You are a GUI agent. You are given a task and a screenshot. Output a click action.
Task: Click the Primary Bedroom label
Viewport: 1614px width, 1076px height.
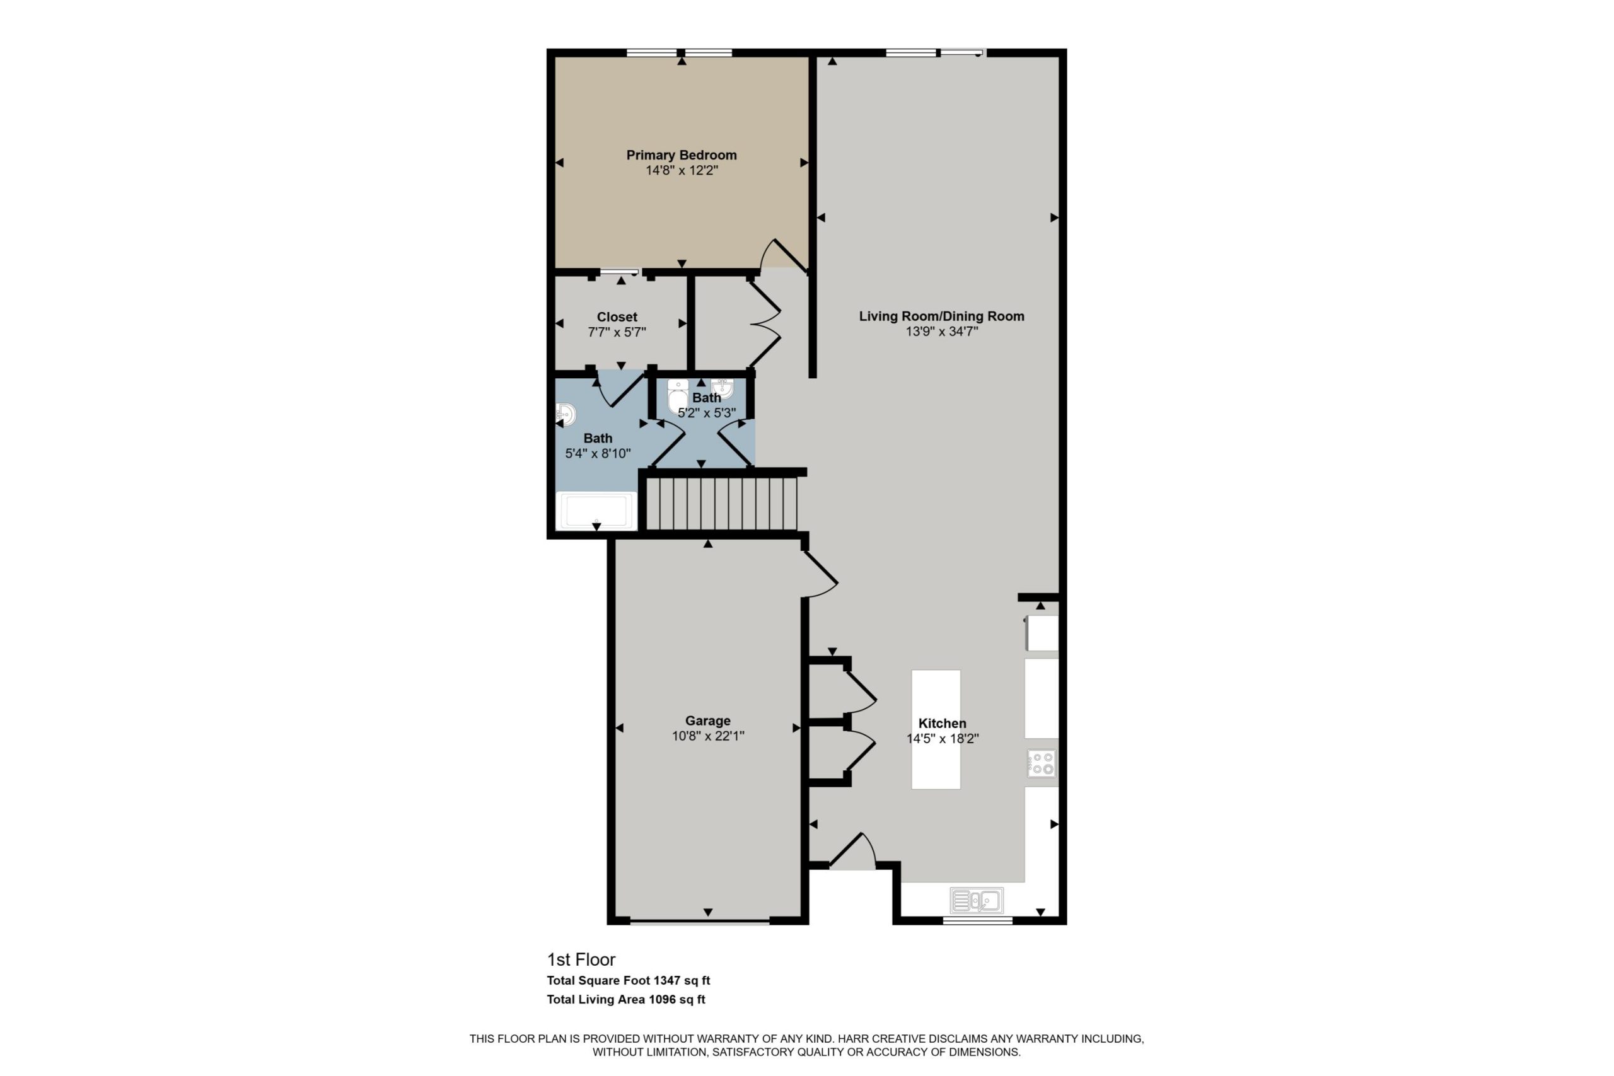click(682, 155)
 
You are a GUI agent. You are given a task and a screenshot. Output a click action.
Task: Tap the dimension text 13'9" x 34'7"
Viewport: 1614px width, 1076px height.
click(941, 332)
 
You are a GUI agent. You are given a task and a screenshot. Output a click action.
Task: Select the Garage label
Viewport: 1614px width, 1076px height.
click(707, 720)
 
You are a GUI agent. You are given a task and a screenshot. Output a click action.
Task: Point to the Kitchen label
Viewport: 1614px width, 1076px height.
click(942, 723)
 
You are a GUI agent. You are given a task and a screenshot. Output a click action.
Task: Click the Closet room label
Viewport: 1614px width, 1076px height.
click(617, 317)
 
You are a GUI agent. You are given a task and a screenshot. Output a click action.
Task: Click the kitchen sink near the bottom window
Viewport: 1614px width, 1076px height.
click(977, 900)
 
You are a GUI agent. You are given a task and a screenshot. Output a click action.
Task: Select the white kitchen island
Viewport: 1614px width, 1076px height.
click(936, 729)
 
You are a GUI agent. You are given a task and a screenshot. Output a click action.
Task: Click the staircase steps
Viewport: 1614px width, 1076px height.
click(722, 504)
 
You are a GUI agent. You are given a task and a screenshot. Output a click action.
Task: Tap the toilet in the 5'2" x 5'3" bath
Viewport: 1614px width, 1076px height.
click(678, 396)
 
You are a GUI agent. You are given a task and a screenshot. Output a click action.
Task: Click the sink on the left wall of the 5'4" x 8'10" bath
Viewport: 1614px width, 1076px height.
click(566, 415)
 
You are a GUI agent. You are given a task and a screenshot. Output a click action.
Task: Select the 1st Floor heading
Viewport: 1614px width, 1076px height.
click(581, 959)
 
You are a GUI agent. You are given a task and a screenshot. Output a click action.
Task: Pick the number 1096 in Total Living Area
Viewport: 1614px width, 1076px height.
click(663, 999)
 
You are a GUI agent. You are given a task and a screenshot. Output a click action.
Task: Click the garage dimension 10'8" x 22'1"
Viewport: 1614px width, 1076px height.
click(708, 736)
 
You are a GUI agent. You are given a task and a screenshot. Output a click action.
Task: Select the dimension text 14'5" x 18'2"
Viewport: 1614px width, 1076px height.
click(942, 739)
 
